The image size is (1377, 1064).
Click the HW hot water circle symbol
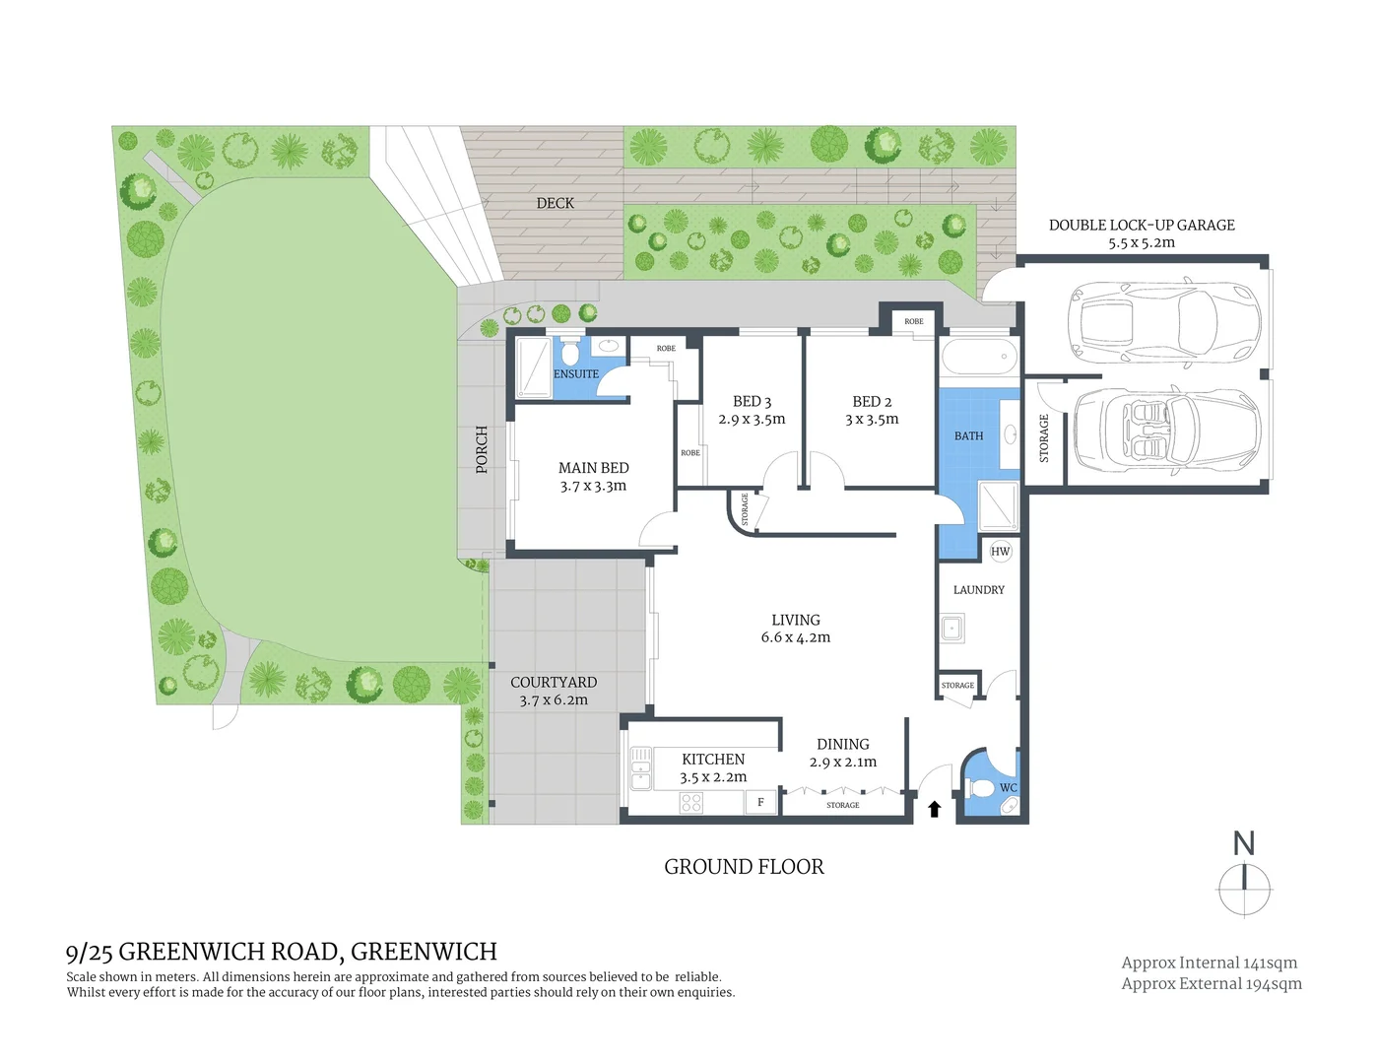point(1000,552)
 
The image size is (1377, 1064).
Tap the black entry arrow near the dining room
point(935,809)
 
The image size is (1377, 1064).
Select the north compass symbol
point(1244,888)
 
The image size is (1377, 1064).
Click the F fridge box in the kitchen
point(760,803)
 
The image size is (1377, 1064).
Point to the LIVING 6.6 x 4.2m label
point(795,629)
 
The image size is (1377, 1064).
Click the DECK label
point(555,203)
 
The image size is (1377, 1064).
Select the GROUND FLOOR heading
point(744,867)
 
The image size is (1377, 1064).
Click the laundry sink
point(952,628)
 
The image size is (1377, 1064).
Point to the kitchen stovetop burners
point(690,803)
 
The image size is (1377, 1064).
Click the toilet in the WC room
point(982,789)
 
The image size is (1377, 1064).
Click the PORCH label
point(482,449)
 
